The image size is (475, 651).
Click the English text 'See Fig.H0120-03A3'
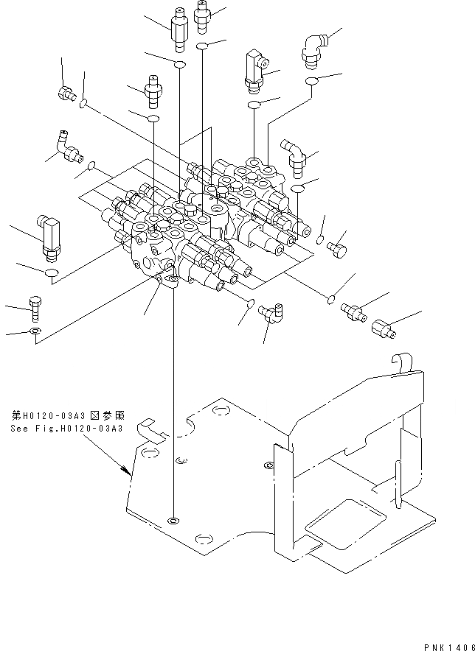(x=66, y=429)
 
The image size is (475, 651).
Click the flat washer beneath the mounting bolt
(x=35, y=333)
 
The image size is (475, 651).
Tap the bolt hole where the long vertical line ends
(x=173, y=521)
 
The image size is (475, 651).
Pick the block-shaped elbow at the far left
(x=48, y=235)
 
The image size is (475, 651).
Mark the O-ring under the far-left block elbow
(x=52, y=275)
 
